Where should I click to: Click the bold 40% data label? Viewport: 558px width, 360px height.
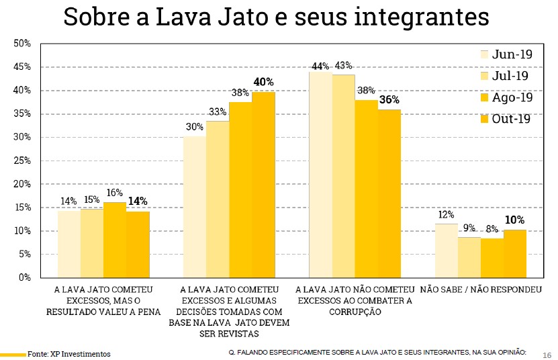[x=263, y=82]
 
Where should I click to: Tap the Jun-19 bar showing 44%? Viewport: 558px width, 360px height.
[x=320, y=175]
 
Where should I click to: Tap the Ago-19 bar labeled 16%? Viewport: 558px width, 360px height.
[x=115, y=240]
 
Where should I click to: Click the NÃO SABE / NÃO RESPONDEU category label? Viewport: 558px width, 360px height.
[x=480, y=290]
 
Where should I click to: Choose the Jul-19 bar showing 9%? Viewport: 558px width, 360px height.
[x=469, y=257]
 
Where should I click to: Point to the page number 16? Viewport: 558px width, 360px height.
[x=546, y=354]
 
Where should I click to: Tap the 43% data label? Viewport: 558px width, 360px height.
[x=344, y=66]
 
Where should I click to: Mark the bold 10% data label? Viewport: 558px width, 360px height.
[x=515, y=220]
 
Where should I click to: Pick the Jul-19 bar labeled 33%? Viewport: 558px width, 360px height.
[x=218, y=199]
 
